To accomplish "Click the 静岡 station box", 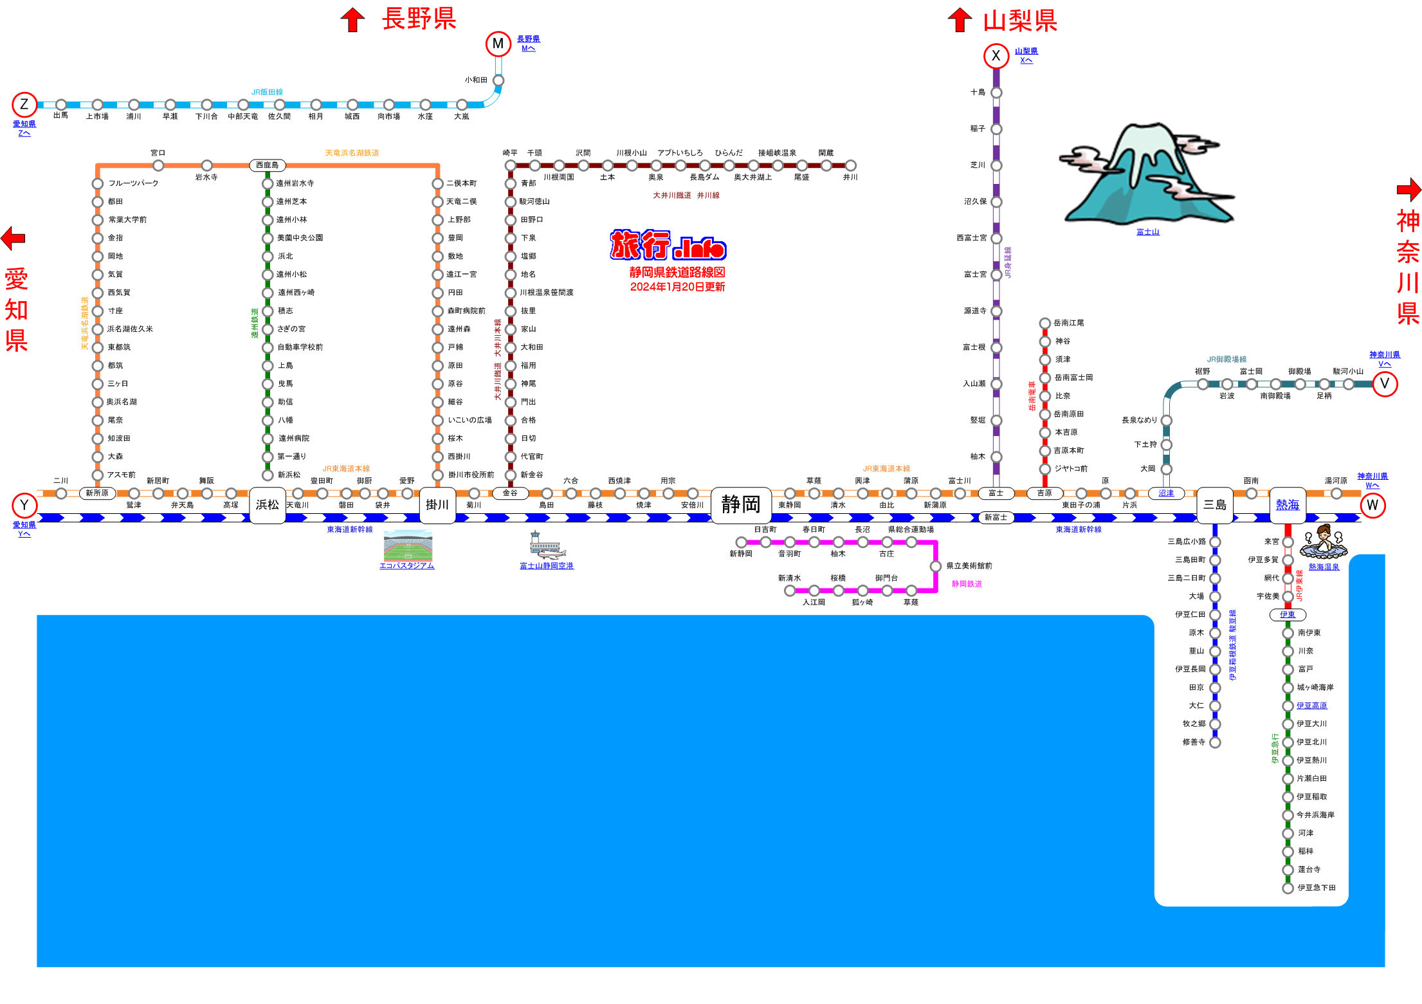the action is tap(741, 505).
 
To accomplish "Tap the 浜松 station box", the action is tap(268, 505).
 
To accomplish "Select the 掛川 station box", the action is tap(437, 505).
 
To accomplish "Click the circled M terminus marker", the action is tap(498, 44).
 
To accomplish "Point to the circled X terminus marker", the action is tap(996, 56).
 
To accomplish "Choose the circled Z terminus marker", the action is tap(24, 104).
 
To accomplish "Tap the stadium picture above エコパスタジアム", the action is tap(408, 545).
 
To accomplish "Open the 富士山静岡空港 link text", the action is tap(547, 566).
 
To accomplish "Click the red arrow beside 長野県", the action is tap(352, 19).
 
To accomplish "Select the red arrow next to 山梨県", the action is tap(960, 19).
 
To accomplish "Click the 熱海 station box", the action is tap(1288, 505).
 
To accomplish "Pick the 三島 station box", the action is tap(1215, 505).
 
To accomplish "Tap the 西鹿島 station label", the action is tap(268, 165).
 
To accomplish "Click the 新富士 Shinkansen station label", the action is tap(996, 517).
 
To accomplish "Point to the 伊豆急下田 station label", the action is tap(1317, 888).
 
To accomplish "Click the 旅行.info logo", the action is tap(668, 245).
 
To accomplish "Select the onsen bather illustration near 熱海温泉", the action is tap(1324, 542).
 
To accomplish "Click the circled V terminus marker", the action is tap(1385, 384).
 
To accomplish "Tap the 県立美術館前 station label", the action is tap(969, 566).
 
